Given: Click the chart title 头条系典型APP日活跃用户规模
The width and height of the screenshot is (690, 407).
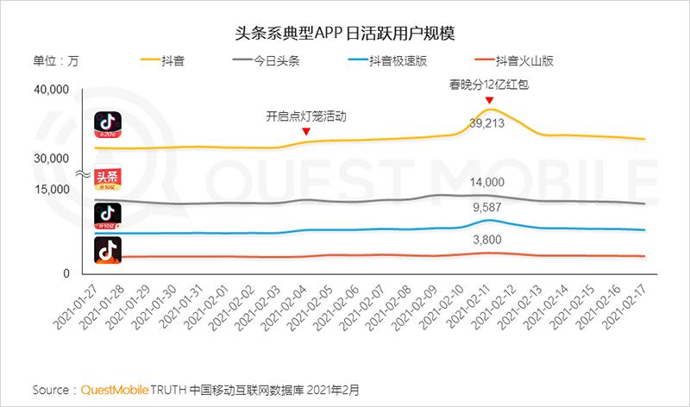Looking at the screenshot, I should (345, 33).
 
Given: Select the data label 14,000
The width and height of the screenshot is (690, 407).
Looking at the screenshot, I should (488, 182).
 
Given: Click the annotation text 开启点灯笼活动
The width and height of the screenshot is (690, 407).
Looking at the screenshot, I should (305, 116).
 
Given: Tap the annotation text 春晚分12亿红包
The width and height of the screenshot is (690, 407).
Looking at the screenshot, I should (488, 84).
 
